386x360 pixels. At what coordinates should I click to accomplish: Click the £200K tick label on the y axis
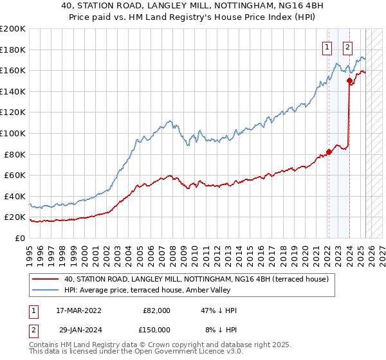[13, 29]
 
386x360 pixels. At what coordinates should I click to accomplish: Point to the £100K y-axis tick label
[13, 133]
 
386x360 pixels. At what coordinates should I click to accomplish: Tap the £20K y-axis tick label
[15, 217]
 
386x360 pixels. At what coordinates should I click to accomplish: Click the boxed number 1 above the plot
[327, 46]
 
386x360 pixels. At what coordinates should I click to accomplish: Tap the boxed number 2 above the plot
[347, 46]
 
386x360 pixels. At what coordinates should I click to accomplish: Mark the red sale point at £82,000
[328, 152]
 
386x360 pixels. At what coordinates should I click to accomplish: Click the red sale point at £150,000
[349, 81]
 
